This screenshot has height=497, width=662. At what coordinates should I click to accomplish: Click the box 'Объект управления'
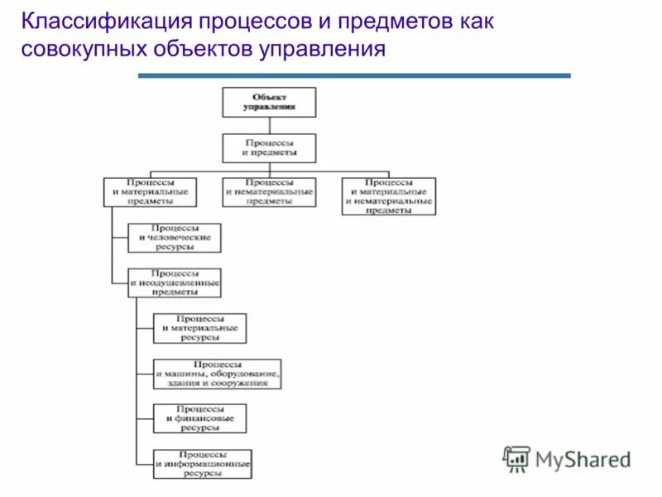[x=269, y=102]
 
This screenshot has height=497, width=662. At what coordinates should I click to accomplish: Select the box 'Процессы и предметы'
[x=269, y=148]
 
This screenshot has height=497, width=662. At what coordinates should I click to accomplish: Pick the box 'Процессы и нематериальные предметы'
[x=269, y=191]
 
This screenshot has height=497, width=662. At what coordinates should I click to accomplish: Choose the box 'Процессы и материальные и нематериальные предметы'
[x=389, y=196]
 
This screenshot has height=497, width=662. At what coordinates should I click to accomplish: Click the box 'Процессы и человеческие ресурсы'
[x=175, y=238]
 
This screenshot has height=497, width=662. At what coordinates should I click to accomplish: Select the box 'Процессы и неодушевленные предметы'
[x=175, y=282]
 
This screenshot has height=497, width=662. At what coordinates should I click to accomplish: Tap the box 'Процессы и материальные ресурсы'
[x=199, y=328]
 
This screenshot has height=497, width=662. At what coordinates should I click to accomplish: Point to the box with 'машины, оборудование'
[x=218, y=374]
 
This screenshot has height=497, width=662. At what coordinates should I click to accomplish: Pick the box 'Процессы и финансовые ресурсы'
[x=199, y=418]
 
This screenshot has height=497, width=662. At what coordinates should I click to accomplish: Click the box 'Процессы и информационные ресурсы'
[x=203, y=464]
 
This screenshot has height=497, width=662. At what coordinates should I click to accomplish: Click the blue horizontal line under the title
[x=354, y=75]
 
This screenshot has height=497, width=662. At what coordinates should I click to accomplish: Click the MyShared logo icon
[x=516, y=458]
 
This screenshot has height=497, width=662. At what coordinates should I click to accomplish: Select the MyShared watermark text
[x=583, y=459]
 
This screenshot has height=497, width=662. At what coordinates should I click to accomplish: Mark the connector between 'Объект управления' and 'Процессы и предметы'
[x=269, y=125]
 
